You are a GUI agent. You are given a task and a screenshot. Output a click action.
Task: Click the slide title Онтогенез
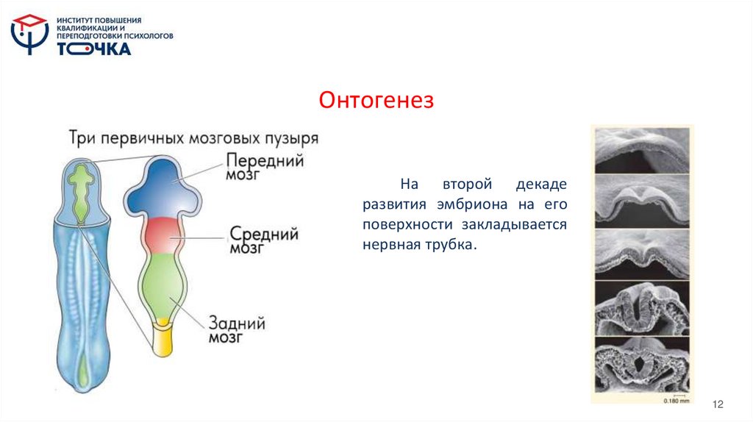(x=376, y=100)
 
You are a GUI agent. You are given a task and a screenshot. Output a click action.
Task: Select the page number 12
(x=718, y=405)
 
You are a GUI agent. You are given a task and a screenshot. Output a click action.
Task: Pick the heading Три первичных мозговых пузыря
(x=193, y=137)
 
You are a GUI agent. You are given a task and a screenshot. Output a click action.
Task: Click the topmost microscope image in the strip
(x=641, y=150)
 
